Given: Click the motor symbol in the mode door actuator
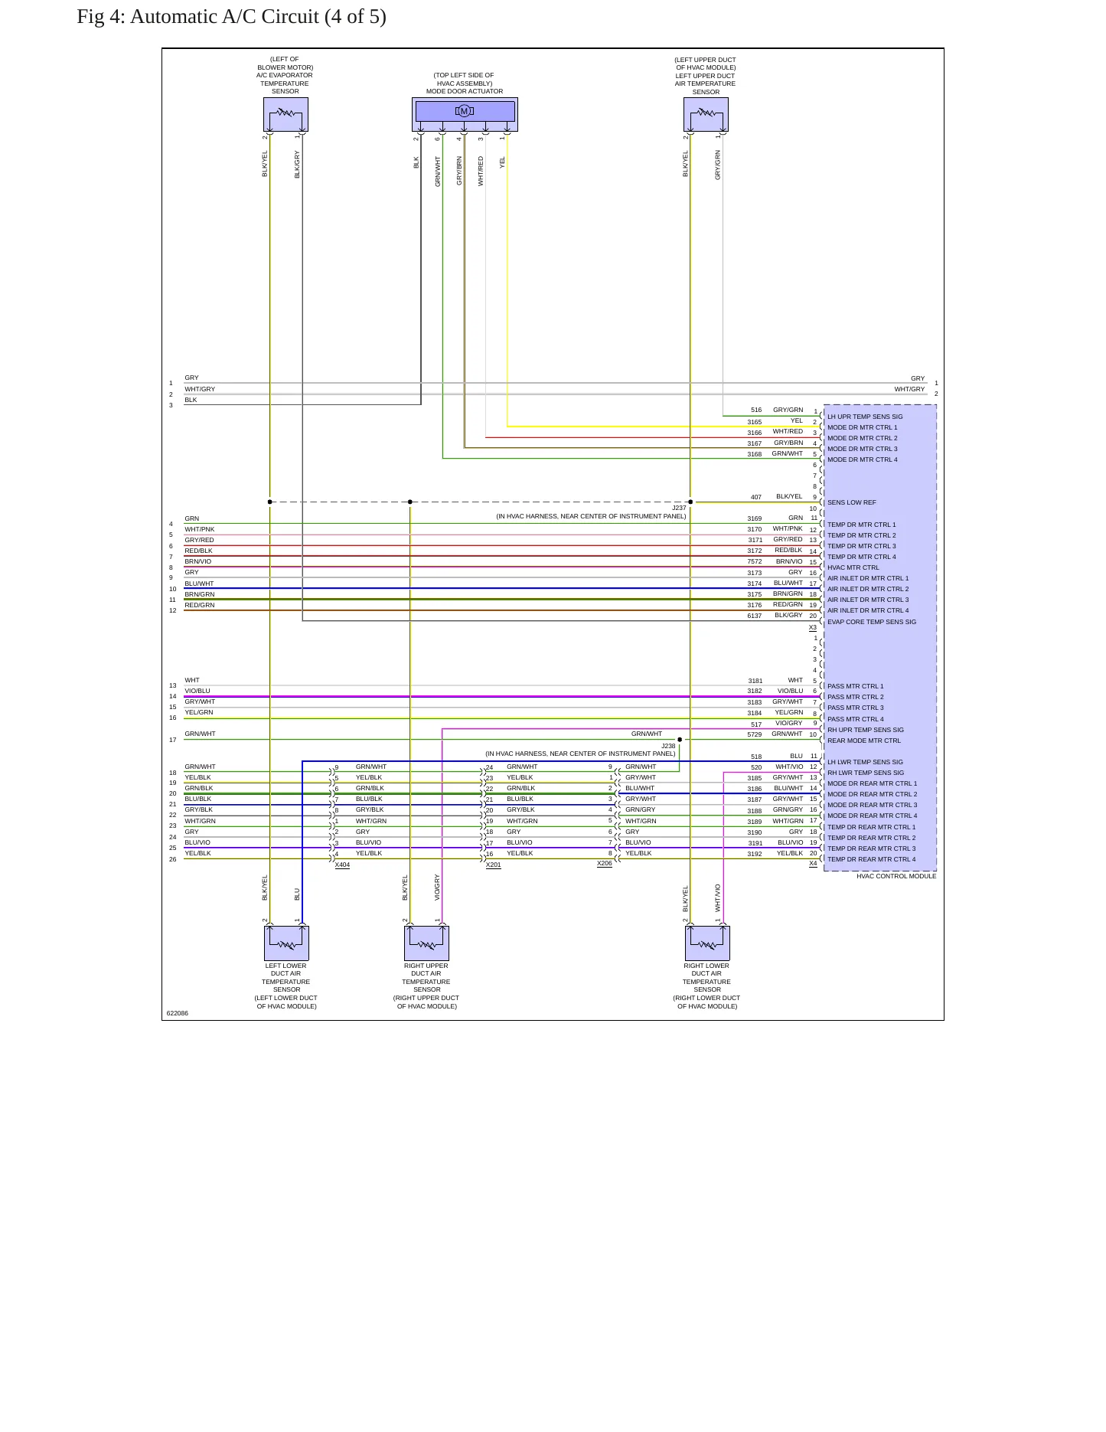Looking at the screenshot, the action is coord(464,111).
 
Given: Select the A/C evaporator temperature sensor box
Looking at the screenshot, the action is coord(285,114).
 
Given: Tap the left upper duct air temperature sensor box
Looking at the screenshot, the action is coord(706,114).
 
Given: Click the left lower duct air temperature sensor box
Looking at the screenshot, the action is coord(286,943).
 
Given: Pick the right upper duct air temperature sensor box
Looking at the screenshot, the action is coord(426,943).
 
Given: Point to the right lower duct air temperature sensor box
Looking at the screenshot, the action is coord(707,943).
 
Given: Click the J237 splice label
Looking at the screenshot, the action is coord(679,508).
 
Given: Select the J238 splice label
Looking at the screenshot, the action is coord(668,746).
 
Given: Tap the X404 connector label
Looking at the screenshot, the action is coord(342,865).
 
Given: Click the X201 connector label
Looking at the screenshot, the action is coord(493,865).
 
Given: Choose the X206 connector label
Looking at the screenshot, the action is coord(605,864).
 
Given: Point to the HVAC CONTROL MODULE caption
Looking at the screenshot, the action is coord(896,876).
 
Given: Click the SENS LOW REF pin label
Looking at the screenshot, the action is coord(851,502).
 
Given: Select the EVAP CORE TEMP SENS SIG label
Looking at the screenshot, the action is coord(872,622).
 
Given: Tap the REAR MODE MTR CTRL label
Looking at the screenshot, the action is coord(864,741).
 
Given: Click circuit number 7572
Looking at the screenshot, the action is coord(755,561).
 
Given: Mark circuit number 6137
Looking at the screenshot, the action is coord(755,616).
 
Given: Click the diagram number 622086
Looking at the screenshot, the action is coord(177,1013).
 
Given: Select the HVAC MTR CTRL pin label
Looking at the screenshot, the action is coord(853,567).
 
